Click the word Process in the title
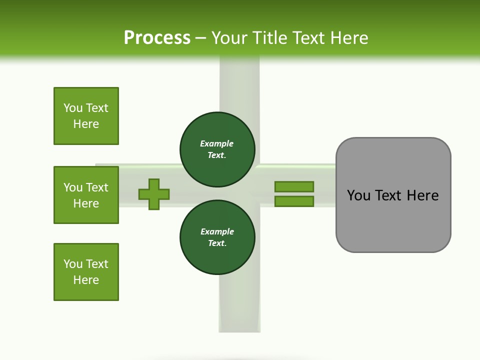click(x=157, y=38)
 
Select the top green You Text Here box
click(x=86, y=116)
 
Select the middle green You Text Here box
click(x=86, y=195)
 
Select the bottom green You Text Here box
click(x=86, y=272)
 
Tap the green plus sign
click(x=154, y=194)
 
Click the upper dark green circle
click(x=217, y=149)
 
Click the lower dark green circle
click(x=217, y=237)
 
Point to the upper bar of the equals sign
click(x=294, y=186)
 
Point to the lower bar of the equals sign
click(x=294, y=201)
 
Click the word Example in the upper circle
click(x=217, y=143)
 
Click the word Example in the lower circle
click(x=217, y=231)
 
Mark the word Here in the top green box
click(x=86, y=124)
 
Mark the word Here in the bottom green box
click(x=86, y=280)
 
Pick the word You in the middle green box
click(x=72, y=187)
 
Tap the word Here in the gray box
click(x=422, y=195)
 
